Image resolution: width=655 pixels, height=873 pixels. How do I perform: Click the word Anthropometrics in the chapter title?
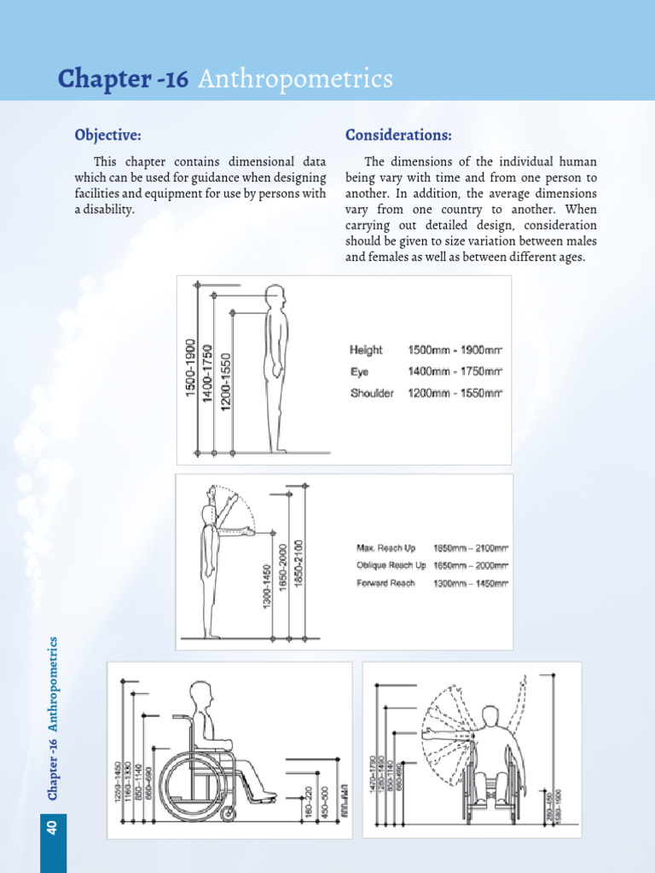(x=295, y=79)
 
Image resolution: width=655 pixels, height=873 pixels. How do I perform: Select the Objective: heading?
(x=107, y=136)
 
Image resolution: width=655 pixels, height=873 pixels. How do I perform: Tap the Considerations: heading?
(x=398, y=136)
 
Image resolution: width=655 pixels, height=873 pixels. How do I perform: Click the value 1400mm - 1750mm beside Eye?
(x=455, y=372)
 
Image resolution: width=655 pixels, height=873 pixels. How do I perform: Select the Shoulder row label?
(x=372, y=394)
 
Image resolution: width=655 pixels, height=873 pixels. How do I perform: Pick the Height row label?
(x=366, y=350)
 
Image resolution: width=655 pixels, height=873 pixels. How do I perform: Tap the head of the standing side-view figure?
(x=275, y=297)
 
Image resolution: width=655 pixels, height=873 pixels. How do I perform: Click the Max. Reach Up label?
(x=385, y=547)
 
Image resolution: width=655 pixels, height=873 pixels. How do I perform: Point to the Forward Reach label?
(x=385, y=583)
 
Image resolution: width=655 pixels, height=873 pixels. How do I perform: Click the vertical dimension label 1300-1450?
(x=267, y=583)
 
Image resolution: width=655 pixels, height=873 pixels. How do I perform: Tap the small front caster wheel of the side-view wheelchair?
(x=228, y=814)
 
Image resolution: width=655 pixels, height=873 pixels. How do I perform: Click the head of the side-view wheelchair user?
(x=200, y=694)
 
